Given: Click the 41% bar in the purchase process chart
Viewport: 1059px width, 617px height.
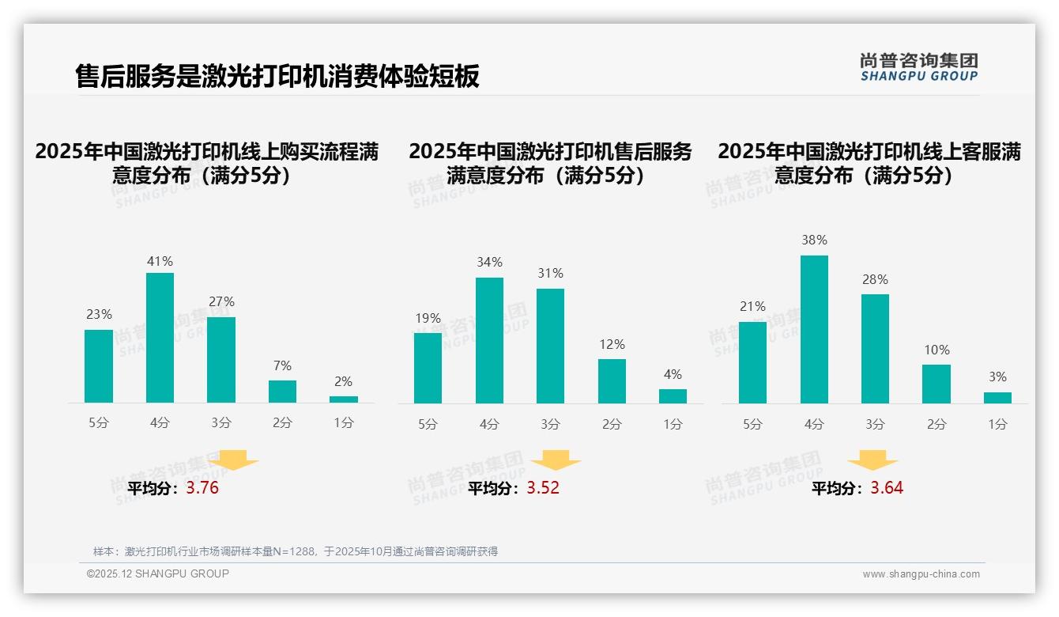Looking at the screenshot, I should click(x=160, y=338).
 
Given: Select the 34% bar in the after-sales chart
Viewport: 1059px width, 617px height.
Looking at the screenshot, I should click(x=489, y=340).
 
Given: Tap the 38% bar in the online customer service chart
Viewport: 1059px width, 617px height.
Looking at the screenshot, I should click(x=814, y=329).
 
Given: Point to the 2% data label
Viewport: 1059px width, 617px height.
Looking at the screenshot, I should click(x=343, y=381).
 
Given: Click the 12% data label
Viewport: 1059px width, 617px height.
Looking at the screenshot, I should click(x=612, y=344).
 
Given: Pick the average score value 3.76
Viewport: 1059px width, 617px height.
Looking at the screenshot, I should click(x=202, y=488).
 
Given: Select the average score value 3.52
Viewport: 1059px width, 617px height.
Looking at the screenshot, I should click(x=543, y=488).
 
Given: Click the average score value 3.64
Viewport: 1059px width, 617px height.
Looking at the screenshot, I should click(x=887, y=488).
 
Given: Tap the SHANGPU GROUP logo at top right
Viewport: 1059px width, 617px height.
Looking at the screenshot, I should click(x=918, y=67).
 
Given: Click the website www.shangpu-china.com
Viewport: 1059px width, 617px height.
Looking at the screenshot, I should click(x=921, y=574).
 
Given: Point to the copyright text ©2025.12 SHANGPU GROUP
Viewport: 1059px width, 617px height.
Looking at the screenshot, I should click(x=157, y=573).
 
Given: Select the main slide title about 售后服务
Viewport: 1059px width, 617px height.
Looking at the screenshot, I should click(x=277, y=77).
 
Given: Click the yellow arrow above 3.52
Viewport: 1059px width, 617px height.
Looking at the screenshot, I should click(x=556, y=460).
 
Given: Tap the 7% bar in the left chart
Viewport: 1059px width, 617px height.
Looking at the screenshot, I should click(x=282, y=392).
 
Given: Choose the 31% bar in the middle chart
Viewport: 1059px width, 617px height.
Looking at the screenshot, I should click(x=550, y=346).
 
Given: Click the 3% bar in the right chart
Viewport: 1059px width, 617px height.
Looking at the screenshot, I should click(x=997, y=398).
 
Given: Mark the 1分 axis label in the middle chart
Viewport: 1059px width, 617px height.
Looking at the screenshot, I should click(x=673, y=425).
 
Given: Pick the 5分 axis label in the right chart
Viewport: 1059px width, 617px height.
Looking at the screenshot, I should click(x=752, y=425).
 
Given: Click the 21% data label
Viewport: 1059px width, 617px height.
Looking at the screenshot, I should click(x=752, y=306).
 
